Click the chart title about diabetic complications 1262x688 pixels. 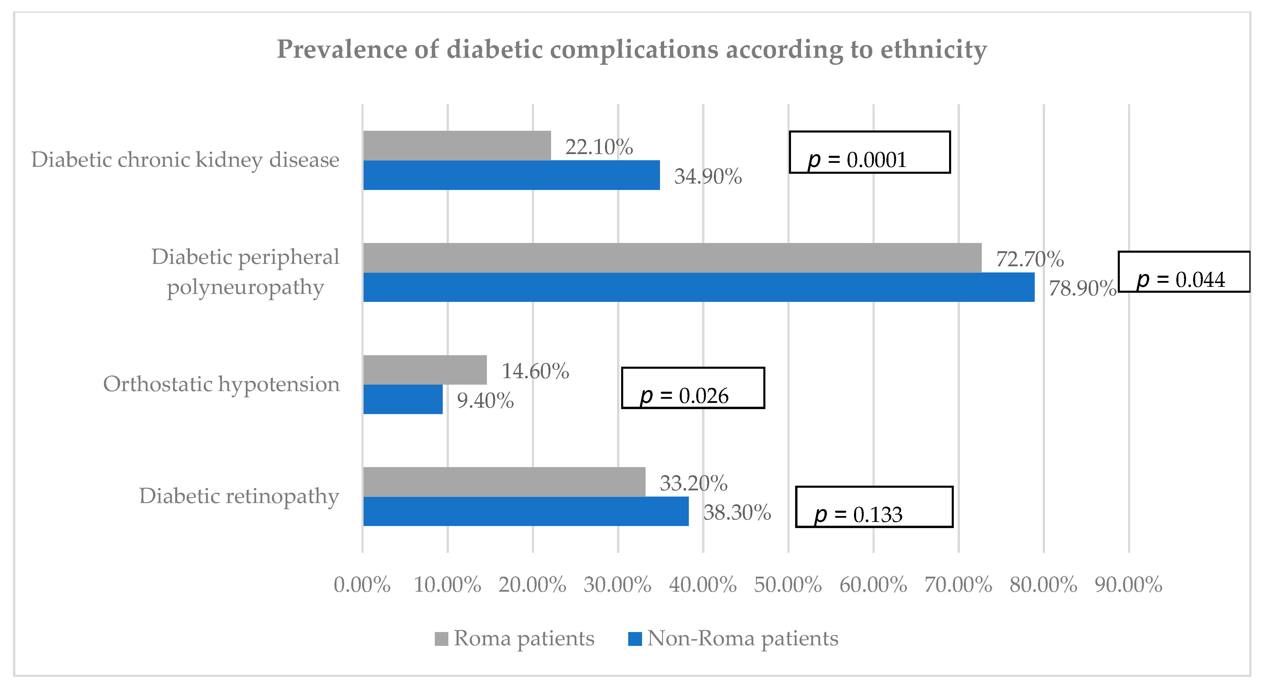coord(631,49)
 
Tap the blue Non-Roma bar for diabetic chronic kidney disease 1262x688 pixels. coord(511,175)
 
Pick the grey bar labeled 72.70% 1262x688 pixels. coord(672,258)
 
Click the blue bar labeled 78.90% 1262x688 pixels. coord(699,287)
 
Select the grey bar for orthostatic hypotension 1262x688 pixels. coord(425,370)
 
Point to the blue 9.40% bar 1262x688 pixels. coord(403,399)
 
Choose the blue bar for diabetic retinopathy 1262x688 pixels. coord(526,511)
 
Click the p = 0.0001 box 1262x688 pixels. coord(870,152)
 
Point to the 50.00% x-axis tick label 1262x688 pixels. coord(788,585)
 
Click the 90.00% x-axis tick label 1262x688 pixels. coord(1129,585)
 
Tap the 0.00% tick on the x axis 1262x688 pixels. coord(362,585)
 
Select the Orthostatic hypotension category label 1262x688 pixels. coord(221,384)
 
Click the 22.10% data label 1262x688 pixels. coord(599,147)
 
